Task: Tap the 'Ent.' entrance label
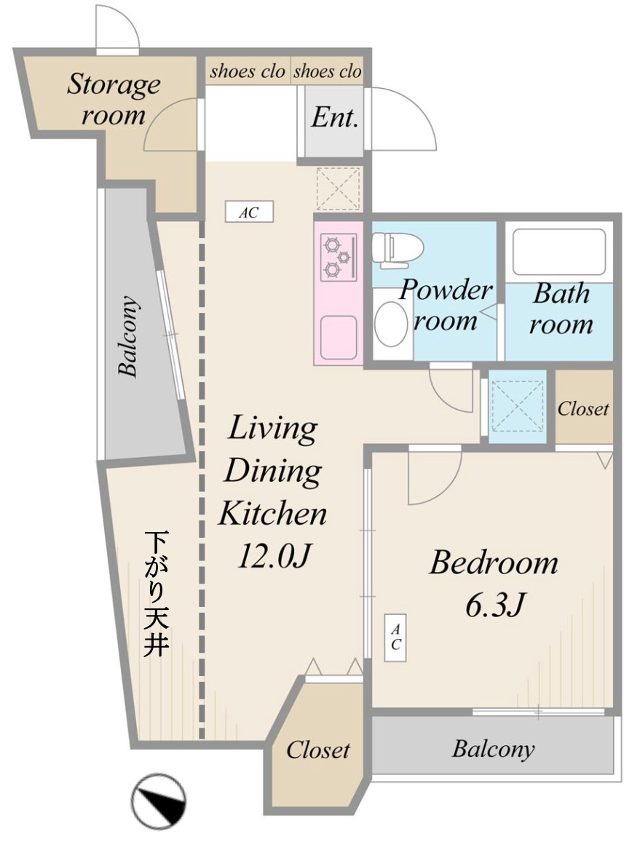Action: click(334, 118)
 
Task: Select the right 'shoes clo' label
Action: click(327, 71)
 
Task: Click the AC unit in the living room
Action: click(248, 213)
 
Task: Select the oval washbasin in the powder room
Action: click(392, 325)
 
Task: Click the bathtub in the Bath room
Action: click(559, 252)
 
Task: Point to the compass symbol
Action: click(159, 801)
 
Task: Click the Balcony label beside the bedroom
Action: click(493, 748)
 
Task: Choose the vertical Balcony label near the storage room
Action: click(129, 336)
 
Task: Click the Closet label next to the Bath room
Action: click(583, 408)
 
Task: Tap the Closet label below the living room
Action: click(317, 750)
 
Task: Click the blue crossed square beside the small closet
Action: click(517, 406)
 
